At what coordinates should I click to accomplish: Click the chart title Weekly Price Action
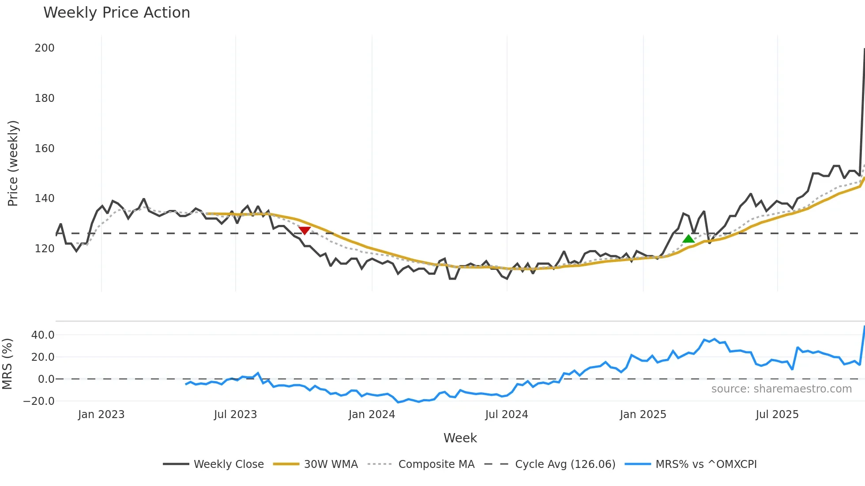[x=117, y=13]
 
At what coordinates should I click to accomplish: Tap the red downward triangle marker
[x=305, y=230]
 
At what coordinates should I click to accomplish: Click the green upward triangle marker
[x=688, y=239]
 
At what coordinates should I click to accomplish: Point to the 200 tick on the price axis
[x=45, y=48]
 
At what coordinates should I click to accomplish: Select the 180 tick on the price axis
[x=45, y=98]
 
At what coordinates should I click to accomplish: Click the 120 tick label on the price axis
[x=45, y=249]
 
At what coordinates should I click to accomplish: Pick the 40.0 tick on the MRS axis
[x=43, y=335]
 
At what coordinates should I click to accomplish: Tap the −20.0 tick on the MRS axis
[x=39, y=401]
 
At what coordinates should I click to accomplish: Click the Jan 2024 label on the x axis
[x=372, y=415]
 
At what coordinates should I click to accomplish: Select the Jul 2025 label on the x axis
[x=777, y=415]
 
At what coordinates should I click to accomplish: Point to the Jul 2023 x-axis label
[x=235, y=415]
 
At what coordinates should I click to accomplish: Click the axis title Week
[x=460, y=438]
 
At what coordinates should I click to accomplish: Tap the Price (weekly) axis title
[x=13, y=163]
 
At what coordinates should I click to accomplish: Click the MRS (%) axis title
[x=7, y=364]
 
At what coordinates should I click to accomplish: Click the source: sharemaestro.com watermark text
[x=781, y=389]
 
